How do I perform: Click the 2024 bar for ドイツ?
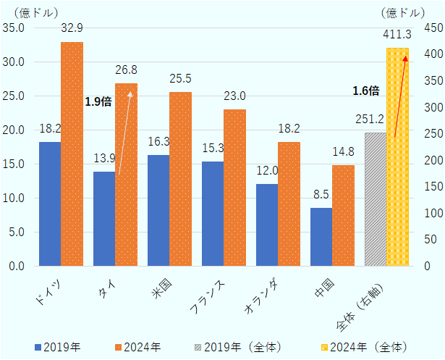click(x=72, y=154)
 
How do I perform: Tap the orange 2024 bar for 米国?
click(x=180, y=179)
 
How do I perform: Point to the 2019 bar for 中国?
click(x=321, y=237)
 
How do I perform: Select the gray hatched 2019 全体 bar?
click(x=376, y=199)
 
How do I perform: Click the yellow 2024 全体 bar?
click(x=398, y=156)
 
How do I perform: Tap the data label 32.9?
click(x=72, y=28)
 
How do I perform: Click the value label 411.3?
click(x=397, y=34)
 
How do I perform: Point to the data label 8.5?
click(x=321, y=194)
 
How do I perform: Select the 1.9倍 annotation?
click(x=98, y=102)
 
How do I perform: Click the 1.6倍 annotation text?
click(x=365, y=91)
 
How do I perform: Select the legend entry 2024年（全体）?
click(x=370, y=347)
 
